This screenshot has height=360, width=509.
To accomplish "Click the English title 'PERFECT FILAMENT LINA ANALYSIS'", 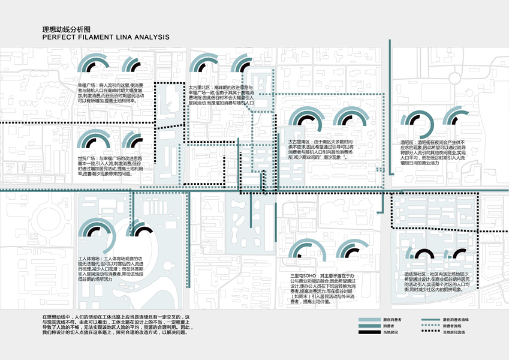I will point(106,37).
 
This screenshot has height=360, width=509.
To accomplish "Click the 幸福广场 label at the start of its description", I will point(88,86).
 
